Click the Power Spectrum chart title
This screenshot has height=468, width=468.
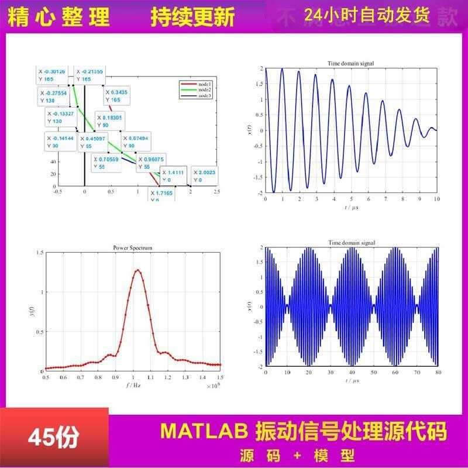pos(133,248)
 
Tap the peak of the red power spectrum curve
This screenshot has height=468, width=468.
pos(137,270)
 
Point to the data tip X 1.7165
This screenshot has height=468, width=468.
pos(161,195)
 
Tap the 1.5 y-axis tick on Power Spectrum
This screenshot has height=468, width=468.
pos(40,252)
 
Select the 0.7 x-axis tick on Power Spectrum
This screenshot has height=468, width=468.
pos(81,378)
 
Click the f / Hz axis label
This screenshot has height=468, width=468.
pos(133,387)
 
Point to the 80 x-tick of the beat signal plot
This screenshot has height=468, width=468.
pos(437,372)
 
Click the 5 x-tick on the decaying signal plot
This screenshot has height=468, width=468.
pos(351,199)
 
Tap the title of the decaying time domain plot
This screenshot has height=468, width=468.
pos(351,63)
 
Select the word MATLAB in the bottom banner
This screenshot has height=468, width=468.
pos(205,432)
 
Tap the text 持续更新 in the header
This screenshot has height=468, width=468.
pos(192,16)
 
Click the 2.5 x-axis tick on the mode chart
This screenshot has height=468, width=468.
pos(216,192)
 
